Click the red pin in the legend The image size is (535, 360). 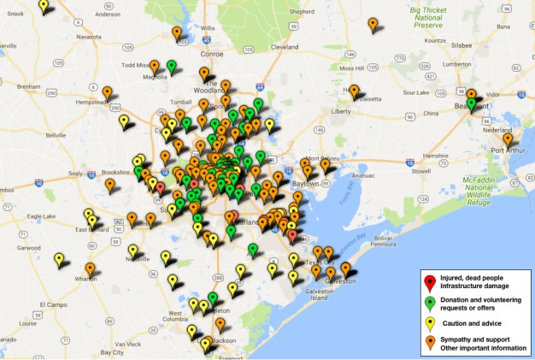click(430, 283)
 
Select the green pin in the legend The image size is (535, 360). click(430, 303)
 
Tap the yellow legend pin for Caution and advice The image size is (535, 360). click(430, 322)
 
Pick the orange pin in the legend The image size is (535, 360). click(430, 342)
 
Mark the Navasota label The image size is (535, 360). click(89, 37)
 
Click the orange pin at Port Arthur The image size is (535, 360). click(508, 139)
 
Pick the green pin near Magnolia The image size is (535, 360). click(171, 66)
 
